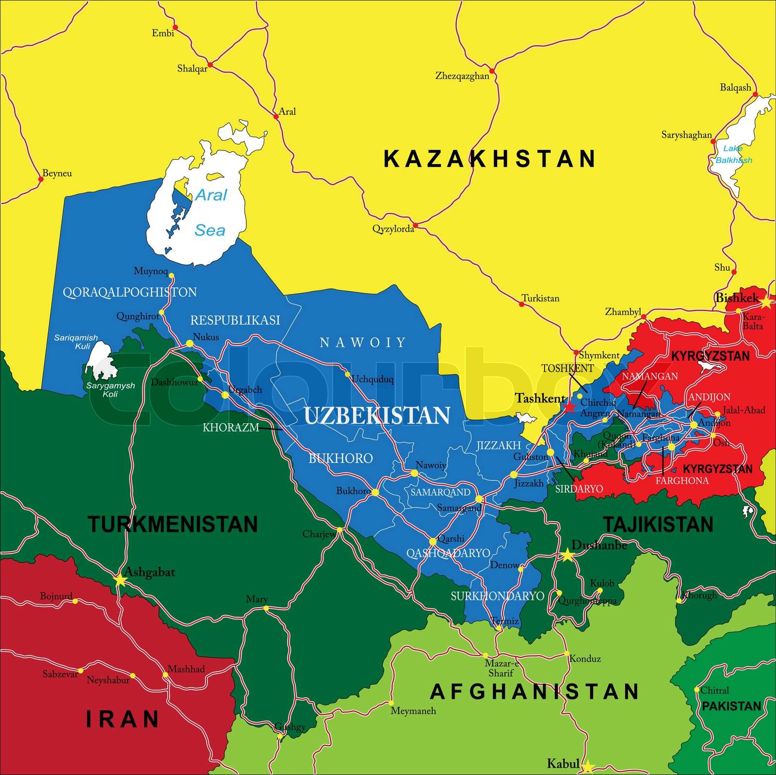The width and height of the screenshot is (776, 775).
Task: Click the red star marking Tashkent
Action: coord(569,407)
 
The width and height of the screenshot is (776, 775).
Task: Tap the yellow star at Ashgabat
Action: coord(120,580)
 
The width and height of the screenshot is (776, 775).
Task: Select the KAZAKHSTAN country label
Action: coord(489,159)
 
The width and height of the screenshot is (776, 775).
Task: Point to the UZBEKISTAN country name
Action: coord(377,416)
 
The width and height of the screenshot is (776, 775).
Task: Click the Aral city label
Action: coord(287,112)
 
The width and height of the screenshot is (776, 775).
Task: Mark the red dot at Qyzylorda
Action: coord(415,225)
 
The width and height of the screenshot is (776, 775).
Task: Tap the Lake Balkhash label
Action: coord(733,154)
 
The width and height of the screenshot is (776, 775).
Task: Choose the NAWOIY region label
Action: coord(363,343)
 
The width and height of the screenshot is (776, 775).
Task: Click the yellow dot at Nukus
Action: coord(190,344)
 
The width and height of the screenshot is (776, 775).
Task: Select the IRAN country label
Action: coord(123,719)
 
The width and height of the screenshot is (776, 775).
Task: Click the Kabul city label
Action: coord(563,763)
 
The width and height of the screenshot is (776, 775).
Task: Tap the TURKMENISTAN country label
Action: coord(173,525)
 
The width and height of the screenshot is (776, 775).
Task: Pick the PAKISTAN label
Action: coord(731,706)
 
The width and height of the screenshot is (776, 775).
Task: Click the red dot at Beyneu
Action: coord(41,179)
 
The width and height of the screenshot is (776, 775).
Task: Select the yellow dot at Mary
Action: coord(266,608)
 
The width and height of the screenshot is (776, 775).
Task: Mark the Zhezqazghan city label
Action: coord(462,76)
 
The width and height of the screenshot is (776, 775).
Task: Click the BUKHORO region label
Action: coord(340,458)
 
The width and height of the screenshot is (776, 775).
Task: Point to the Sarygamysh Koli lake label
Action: coord(111,390)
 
